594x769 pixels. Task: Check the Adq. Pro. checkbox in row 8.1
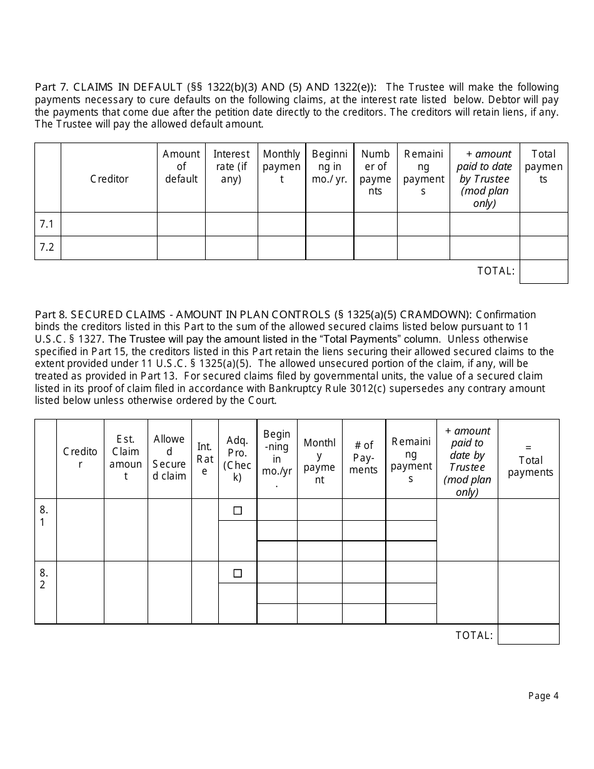[x=238, y=510]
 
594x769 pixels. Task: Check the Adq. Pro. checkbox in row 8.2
[x=238, y=573]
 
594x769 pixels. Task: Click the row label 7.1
[x=47, y=224]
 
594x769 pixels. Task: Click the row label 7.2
[x=47, y=247]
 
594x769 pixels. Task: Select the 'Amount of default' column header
[x=181, y=166]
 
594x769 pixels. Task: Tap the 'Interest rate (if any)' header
[x=231, y=166]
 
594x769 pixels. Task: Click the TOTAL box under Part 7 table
[x=543, y=271]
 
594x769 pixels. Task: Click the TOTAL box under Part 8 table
[x=528, y=635]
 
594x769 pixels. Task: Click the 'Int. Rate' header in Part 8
[x=204, y=458]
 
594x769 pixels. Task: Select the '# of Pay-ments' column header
[x=364, y=458]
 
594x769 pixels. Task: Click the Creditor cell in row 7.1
[x=109, y=224]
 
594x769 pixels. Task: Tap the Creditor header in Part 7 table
[x=109, y=179]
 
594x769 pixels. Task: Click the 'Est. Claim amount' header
[x=126, y=458]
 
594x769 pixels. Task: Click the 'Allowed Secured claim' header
[x=169, y=458]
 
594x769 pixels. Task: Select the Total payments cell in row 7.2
[x=543, y=248]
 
